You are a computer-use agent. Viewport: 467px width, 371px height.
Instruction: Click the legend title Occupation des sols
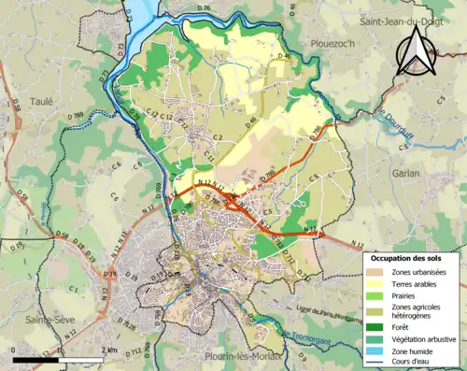click(409, 257)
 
